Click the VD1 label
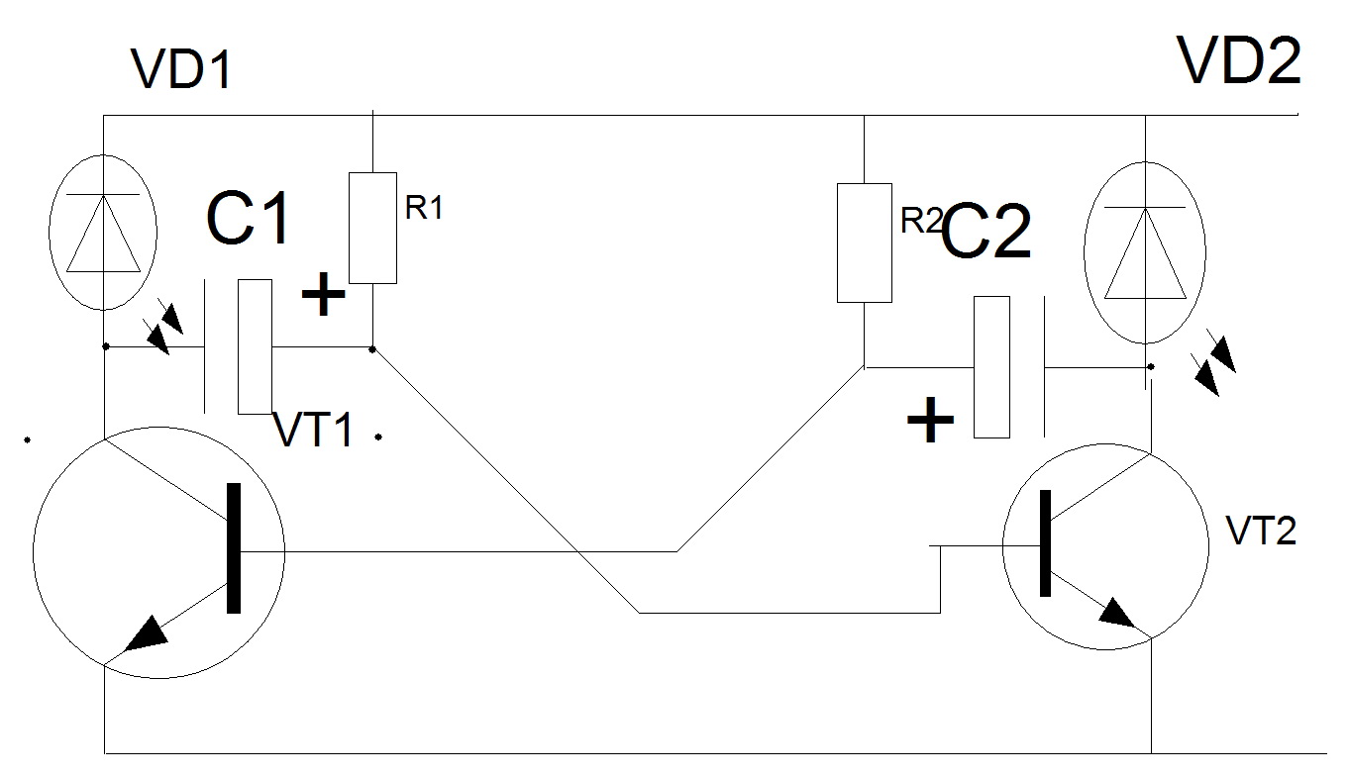pos(180,69)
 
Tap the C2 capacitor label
pos(985,234)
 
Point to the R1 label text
pos(423,208)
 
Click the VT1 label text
pos(313,431)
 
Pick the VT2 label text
pos(1260,533)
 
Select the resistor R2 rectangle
pos(864,242)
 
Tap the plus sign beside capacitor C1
pos(323,295)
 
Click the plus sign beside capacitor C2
pos(930,422)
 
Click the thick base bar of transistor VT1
pos(234,548)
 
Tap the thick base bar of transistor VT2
pos(1044,543)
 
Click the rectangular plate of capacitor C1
pos(256,346)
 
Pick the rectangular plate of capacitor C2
pos(991,366)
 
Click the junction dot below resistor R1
pos(371,348)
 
